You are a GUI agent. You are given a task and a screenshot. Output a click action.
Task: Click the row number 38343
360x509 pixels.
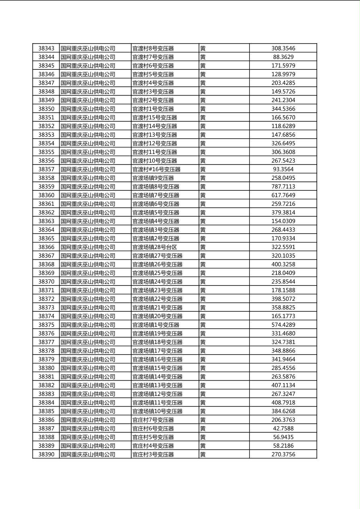[x=46, y=48]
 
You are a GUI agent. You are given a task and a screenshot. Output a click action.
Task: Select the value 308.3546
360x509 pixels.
[x=283, y=48]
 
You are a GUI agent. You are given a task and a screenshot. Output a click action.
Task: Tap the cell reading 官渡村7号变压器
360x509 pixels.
[x=153, y=57]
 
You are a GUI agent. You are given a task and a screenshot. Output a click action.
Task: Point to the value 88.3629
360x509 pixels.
[x=283, y=57]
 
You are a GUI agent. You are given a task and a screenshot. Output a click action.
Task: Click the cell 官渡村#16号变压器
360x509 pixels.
[x=157, y=169]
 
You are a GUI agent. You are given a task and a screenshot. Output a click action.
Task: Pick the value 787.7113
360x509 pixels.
[x=283, y=187]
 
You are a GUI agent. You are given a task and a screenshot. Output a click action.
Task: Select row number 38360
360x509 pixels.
[x=46, y=195]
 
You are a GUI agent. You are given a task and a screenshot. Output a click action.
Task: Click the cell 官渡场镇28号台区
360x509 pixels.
[x=155, y=247]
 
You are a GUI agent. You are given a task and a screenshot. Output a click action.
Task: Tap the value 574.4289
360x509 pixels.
[x=283, y=325]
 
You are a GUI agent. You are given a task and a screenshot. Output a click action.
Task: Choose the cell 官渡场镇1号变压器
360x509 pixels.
[x=156, y=325]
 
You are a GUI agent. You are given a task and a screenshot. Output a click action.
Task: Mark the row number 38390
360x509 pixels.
[x=46, y=454]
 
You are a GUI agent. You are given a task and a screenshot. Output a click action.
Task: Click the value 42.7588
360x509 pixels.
[x=283, y=428]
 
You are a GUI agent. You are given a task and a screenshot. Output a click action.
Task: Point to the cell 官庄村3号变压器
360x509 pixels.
[x=153, y=454]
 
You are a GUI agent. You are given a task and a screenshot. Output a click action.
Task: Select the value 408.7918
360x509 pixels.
[x=283, y=403]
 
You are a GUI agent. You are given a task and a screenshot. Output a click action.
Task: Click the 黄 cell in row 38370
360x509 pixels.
[x=203, y=282]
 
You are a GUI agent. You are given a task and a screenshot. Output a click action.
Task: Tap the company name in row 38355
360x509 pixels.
[x=88, y=152]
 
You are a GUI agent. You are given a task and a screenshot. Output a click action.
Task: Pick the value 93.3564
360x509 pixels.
[x=283, y=169]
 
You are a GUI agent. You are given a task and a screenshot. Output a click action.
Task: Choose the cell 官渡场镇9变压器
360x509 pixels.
[x=153, y=178]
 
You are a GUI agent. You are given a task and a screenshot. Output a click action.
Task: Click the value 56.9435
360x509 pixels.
[x=283, y=437]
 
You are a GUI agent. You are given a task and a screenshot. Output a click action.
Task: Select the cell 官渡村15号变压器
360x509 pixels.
[x=155, y=117]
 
